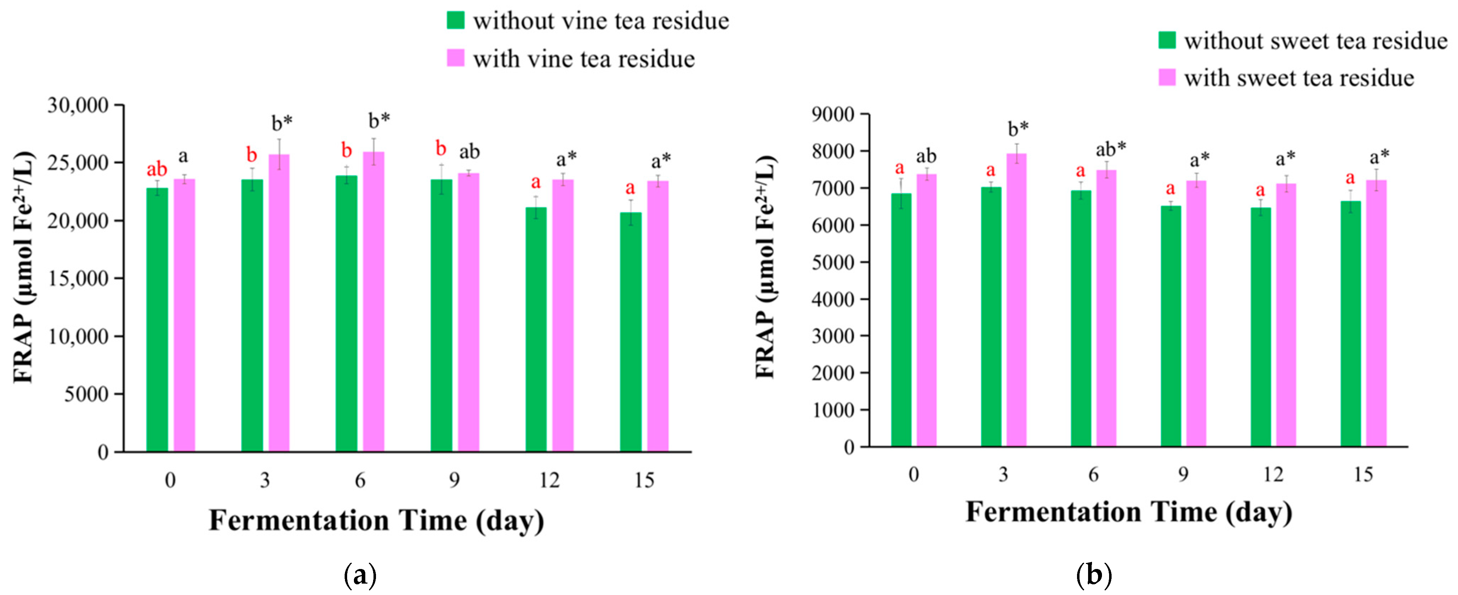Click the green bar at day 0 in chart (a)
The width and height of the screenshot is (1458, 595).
157,320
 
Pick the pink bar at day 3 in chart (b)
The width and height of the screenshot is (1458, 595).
1016,300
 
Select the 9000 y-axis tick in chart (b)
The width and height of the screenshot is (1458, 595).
832,115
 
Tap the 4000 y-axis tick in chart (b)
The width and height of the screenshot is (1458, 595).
832,299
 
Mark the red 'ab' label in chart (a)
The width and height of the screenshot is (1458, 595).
157,169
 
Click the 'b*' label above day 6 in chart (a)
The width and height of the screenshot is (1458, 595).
379,120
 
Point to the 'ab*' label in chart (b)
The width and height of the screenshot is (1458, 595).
1111,149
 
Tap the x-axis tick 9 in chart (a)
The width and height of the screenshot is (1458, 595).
454,481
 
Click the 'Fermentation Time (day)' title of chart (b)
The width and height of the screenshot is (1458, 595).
1129,512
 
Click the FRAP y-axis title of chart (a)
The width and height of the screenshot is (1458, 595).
24,267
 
